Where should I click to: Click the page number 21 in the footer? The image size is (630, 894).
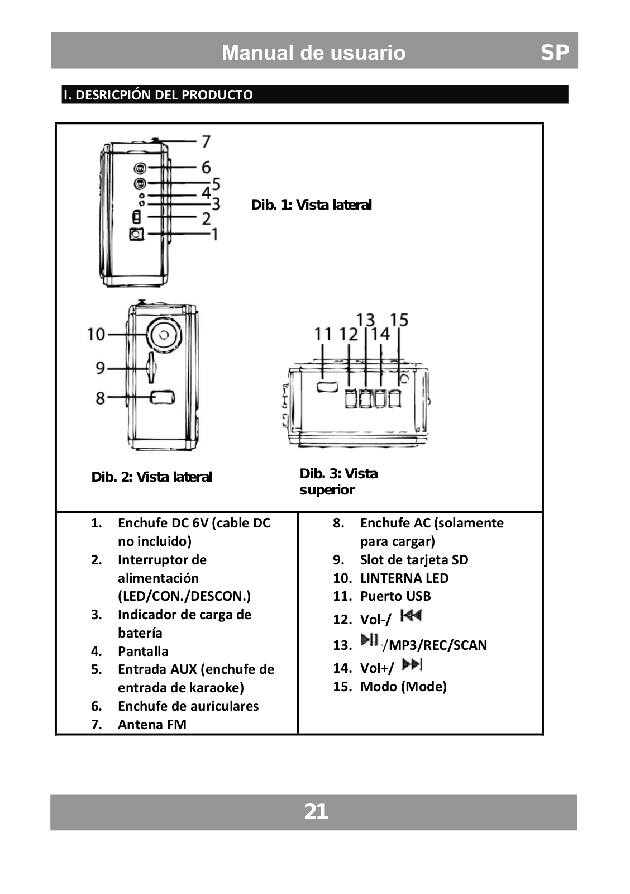pyautogui.click(x=316, y=811)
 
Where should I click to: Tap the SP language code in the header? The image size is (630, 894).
pyautogui.click(x=554, y=52)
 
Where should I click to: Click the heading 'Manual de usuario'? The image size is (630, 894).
pyautogui.click(x=313, y=53)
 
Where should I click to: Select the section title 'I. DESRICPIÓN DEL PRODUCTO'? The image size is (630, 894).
pyautogui.click(x=158, y=94)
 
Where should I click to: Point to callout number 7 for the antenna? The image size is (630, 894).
pyautogui.click(x=206, y=141)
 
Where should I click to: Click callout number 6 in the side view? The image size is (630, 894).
pyautogui.click(x=206, y=167)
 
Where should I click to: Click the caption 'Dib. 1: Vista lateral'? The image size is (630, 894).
pyautogui.click(x=311, y=205)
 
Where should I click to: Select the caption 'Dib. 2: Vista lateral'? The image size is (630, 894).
pyautogui.click(x=151, y=477)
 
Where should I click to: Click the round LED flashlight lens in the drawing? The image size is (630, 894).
pyautogui.click(x=164, y=335)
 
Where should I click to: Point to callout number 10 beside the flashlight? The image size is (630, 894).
pyautogui.click(x=96, y=334)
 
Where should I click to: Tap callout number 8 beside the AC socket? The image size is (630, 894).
pyautogui.click(x=100, y=398)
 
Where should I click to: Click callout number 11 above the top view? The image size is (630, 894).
pyautogui.click(x=323, y=334)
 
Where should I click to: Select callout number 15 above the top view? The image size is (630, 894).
pyautogui.click(x=399, y=320)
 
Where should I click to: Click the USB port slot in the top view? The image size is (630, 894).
pyautogui.click(x=327, y=386)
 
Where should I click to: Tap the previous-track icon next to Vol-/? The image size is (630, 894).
pyautogui.click(x=411, y=616)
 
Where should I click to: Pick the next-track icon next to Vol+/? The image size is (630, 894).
pyautogui.click(x=412, y=664)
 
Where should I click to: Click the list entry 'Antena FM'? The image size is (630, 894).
pyautogui.click(x=152, y=724)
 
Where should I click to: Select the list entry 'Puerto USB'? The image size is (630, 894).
pyautogui.click(x=395, y=596)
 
